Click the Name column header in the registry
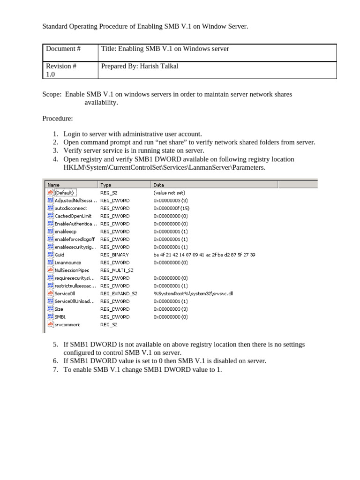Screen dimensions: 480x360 pyautogui.click(x=54, y=185)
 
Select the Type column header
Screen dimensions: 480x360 pyautogui.click(x=106, y=185)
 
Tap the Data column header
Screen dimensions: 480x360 pyautogui.click(x=159, y=185)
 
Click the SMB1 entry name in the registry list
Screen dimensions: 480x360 pyautogui.click(x=60, y=317)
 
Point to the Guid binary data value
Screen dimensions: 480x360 pyautogui.click(x=204, y=255)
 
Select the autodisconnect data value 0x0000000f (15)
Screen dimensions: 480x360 pyautogui.click(x=171, y=208)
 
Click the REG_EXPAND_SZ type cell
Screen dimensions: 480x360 pyautogui.click(x=119, y=293)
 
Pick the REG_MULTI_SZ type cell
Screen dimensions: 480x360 pyautogui.click(x=117, y=270)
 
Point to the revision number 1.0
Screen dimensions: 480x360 pyautogui.click(x=51, y=75)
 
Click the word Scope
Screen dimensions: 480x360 pyautogui.click(x=51, y=94)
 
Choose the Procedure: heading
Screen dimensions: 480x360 pyautogui.click(x=58, y=119)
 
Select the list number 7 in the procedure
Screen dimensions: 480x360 pyautogui.click(x=55, y=369)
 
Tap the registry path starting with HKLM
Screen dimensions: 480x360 pyautogui.click(x=164, y=167)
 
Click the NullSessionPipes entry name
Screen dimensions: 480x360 pyautogui.click(x=72, y=270)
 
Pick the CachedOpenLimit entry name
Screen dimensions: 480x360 pyautogui.click(x=73, y=216)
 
